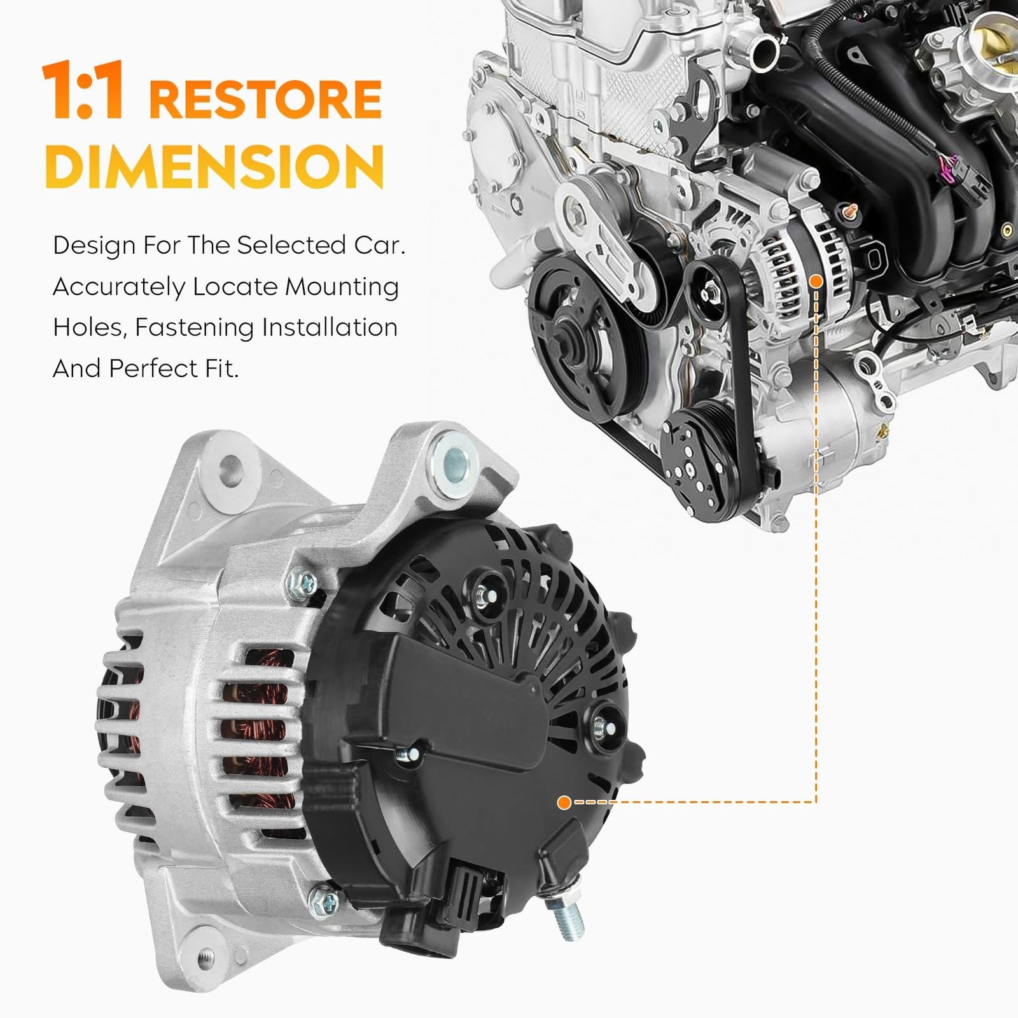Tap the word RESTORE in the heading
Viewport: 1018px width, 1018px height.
(x=265, y=99)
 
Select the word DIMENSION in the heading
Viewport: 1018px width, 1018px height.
(x=214, y=165)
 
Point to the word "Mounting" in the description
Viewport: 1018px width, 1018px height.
(x=342, y=288)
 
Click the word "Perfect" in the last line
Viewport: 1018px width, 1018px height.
(x=153, y=368)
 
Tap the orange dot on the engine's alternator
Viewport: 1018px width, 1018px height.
(x=816, y=281)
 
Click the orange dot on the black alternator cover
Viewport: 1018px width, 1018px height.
(x=563, y=802)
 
